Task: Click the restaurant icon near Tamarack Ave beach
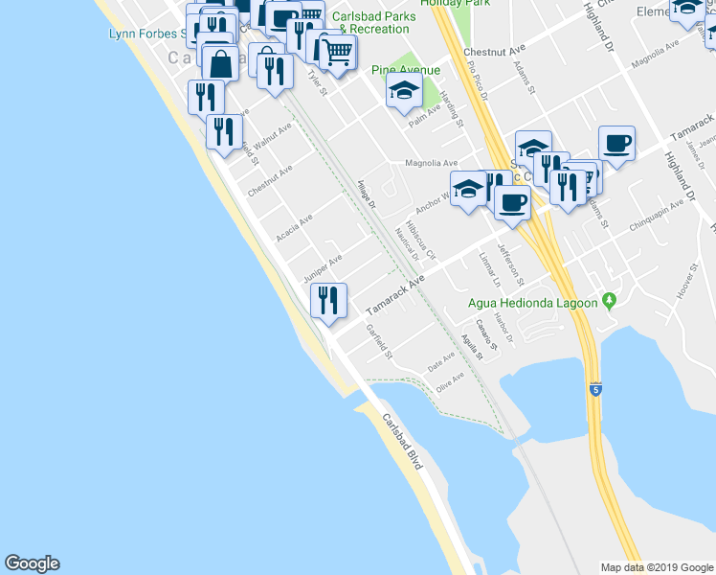coord(326,301)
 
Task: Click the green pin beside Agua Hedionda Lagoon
coord(608,303)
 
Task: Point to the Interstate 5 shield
coord(597,390)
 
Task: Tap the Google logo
coord(32,563)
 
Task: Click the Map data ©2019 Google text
coord(656,567)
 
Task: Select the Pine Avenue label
coord(406,70)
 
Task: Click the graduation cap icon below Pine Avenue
coord(404,92)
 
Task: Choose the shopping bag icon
coord(220,65)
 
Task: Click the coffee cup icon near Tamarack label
coord(616,144)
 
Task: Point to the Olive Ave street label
coord(450,381)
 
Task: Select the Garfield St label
coord(380,341)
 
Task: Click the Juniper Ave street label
coord(323,269)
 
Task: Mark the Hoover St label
coord(686,284)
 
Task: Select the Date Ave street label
coord(441,360)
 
